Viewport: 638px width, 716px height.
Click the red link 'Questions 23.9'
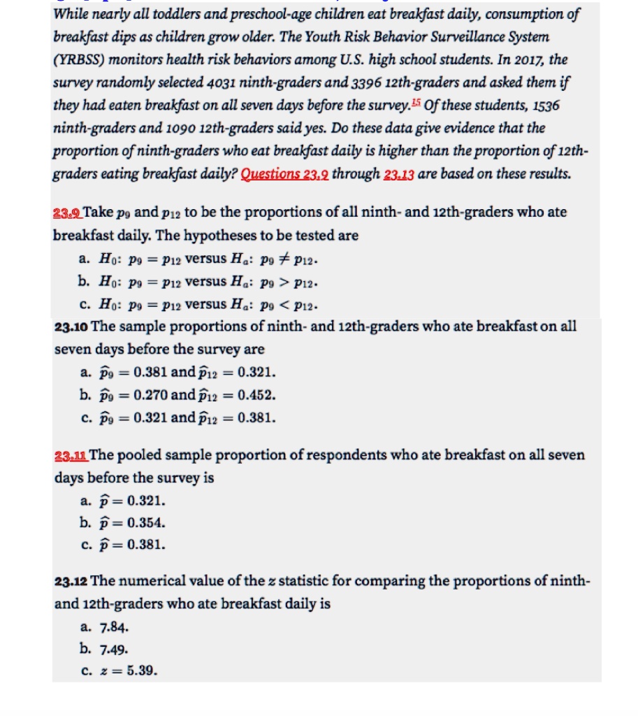tap(284, 174)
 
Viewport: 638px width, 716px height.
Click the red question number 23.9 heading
tap(67, 212)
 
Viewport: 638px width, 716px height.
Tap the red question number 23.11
tap(71, 455)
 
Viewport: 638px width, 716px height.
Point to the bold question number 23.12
tap(71, 581)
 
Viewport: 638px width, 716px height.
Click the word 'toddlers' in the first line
tap(173, 13)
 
